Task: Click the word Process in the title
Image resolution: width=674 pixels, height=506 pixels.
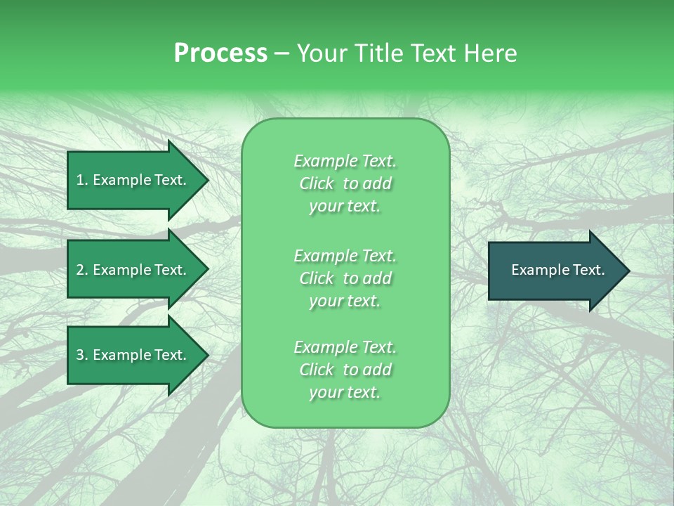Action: coord(220,53)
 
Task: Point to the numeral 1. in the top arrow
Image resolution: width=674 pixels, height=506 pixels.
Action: coord(81,180)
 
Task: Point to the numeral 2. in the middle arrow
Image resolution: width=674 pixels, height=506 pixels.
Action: coord(81,270)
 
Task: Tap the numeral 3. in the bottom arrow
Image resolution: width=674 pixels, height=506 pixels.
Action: coord(81,355)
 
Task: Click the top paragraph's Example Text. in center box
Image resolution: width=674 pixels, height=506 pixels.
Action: coord(345,161)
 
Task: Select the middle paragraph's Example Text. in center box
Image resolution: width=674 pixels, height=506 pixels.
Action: coord(345,256)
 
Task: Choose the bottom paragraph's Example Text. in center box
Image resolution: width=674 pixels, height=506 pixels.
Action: coord(345,347)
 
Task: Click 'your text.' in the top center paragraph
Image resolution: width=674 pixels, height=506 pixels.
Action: coord(345,207)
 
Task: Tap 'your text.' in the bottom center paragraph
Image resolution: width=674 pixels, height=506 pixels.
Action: coord(345,393)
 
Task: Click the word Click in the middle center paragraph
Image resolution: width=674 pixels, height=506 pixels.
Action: coord(317,278)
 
